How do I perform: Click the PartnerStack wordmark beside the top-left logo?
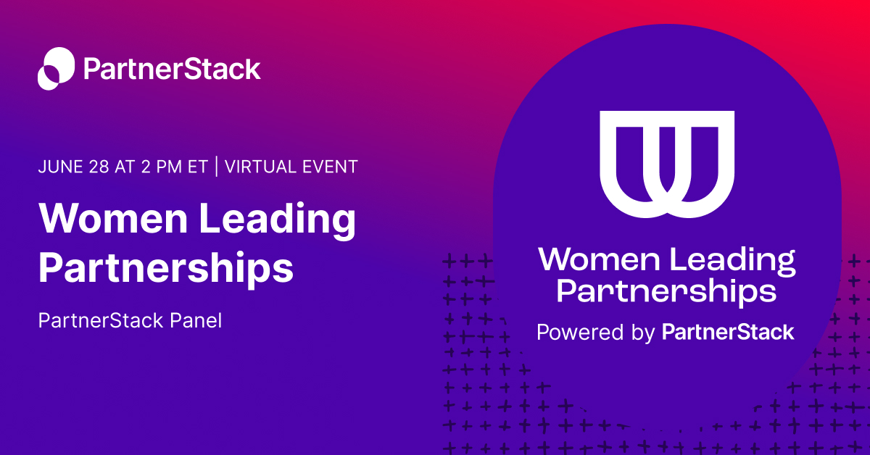tap(172, 70)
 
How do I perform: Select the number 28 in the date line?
tap(97, 167)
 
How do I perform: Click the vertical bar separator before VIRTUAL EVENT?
tap(215, 167)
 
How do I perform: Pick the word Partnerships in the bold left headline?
tap(166, 269)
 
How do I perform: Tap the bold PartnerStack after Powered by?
tap(728, 333)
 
